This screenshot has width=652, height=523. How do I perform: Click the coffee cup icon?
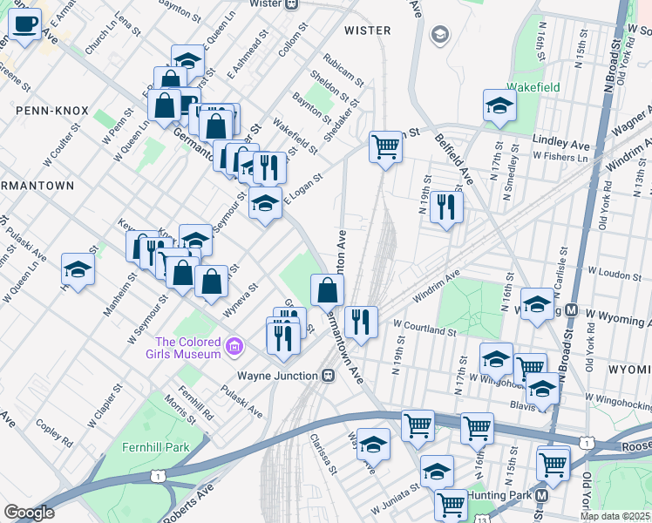pyautogui.click(x=24, y=24)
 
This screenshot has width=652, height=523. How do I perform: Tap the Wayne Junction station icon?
pyautogui.click(x=329, y=376)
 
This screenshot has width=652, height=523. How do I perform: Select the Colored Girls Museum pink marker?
pyautogui.click(x=233, y=348)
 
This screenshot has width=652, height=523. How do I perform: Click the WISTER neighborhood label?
pyautogui.click(x=367, y=31)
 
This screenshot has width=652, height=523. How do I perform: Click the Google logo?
pyautogui.click(x=29, y=513)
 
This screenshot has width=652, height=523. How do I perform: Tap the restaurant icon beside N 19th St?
pyautogui.click(x=445, y=207)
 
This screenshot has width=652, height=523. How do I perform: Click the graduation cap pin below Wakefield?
pyautogui.click(x=500, y=105)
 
